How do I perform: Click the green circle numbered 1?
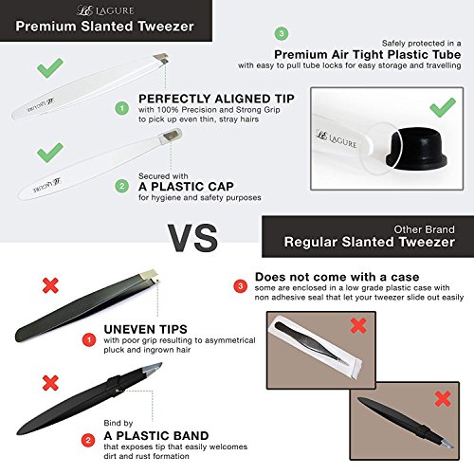click(x=120, y=110)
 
